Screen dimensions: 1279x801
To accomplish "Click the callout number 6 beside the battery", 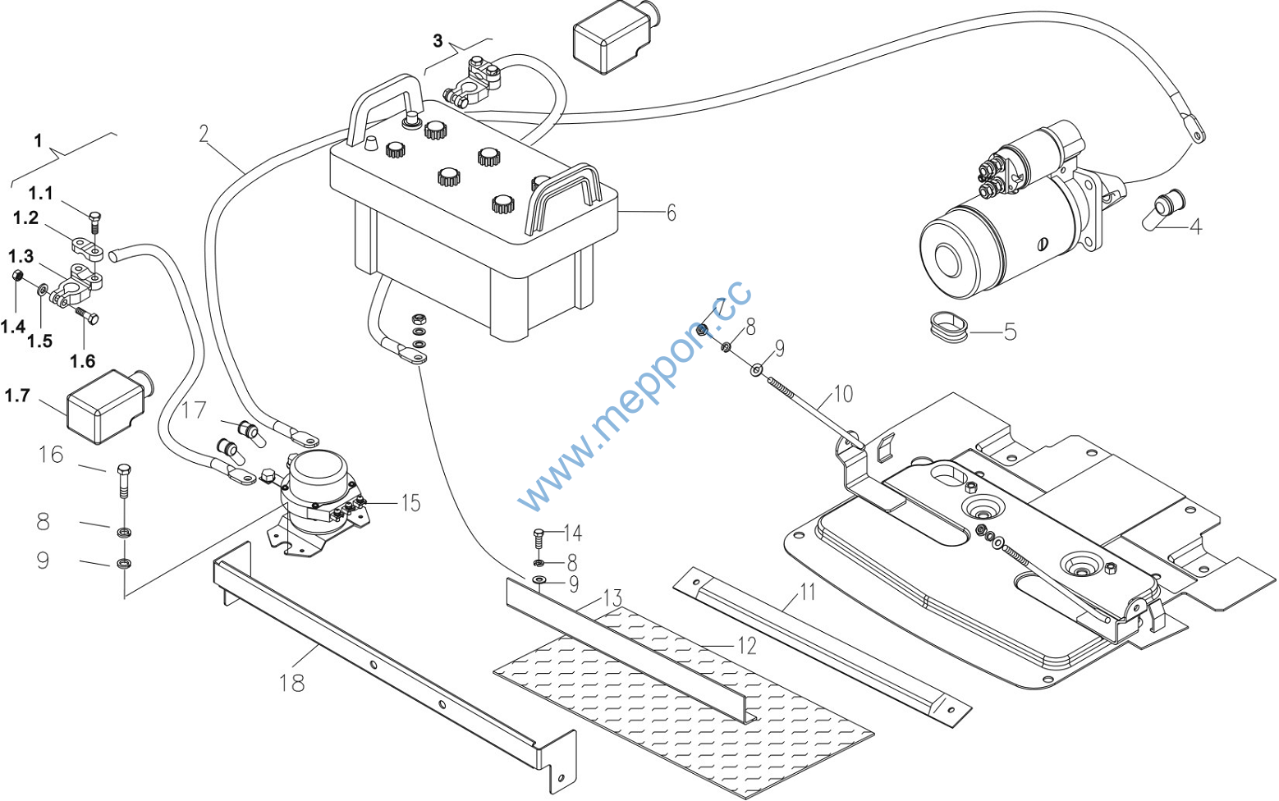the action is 672,213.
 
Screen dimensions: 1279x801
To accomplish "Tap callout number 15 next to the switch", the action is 411,503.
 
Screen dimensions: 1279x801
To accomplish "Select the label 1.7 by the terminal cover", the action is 17,395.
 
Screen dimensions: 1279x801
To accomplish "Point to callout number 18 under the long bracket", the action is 291,682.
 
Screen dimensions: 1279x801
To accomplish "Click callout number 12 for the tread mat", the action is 747,646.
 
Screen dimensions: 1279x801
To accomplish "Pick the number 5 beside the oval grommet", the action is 1010,331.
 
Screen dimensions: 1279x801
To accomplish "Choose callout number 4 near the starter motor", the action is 1195,227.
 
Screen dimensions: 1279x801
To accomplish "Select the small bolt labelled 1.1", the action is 95,222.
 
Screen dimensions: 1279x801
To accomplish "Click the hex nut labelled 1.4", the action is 17,276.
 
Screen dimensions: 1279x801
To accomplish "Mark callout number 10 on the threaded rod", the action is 843,393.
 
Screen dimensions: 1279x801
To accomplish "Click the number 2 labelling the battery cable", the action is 204,134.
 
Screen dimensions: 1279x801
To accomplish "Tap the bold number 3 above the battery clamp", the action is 438,40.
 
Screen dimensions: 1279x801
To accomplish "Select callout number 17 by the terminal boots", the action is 194,410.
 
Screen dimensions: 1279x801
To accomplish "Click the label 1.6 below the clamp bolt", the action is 82,361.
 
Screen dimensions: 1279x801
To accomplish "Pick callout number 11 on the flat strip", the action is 807,592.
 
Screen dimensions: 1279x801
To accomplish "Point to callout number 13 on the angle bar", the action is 612,598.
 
